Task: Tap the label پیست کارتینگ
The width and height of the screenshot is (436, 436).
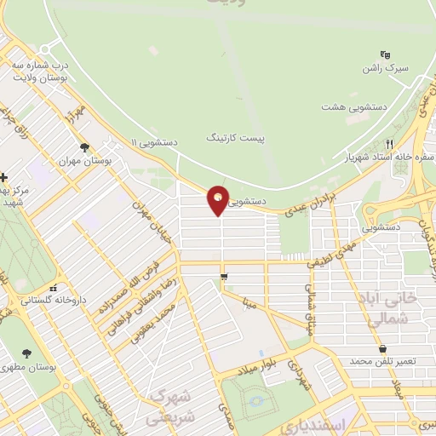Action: coord(231,136)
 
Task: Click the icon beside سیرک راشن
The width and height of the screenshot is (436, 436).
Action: coord(385,53)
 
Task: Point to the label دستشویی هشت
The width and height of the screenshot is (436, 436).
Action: coord(349,106)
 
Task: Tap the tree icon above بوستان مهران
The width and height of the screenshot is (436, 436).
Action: coord(83,146)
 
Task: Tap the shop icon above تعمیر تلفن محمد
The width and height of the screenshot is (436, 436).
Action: coord(382,349)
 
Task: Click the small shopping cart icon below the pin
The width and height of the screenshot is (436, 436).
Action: coord(224,276)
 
